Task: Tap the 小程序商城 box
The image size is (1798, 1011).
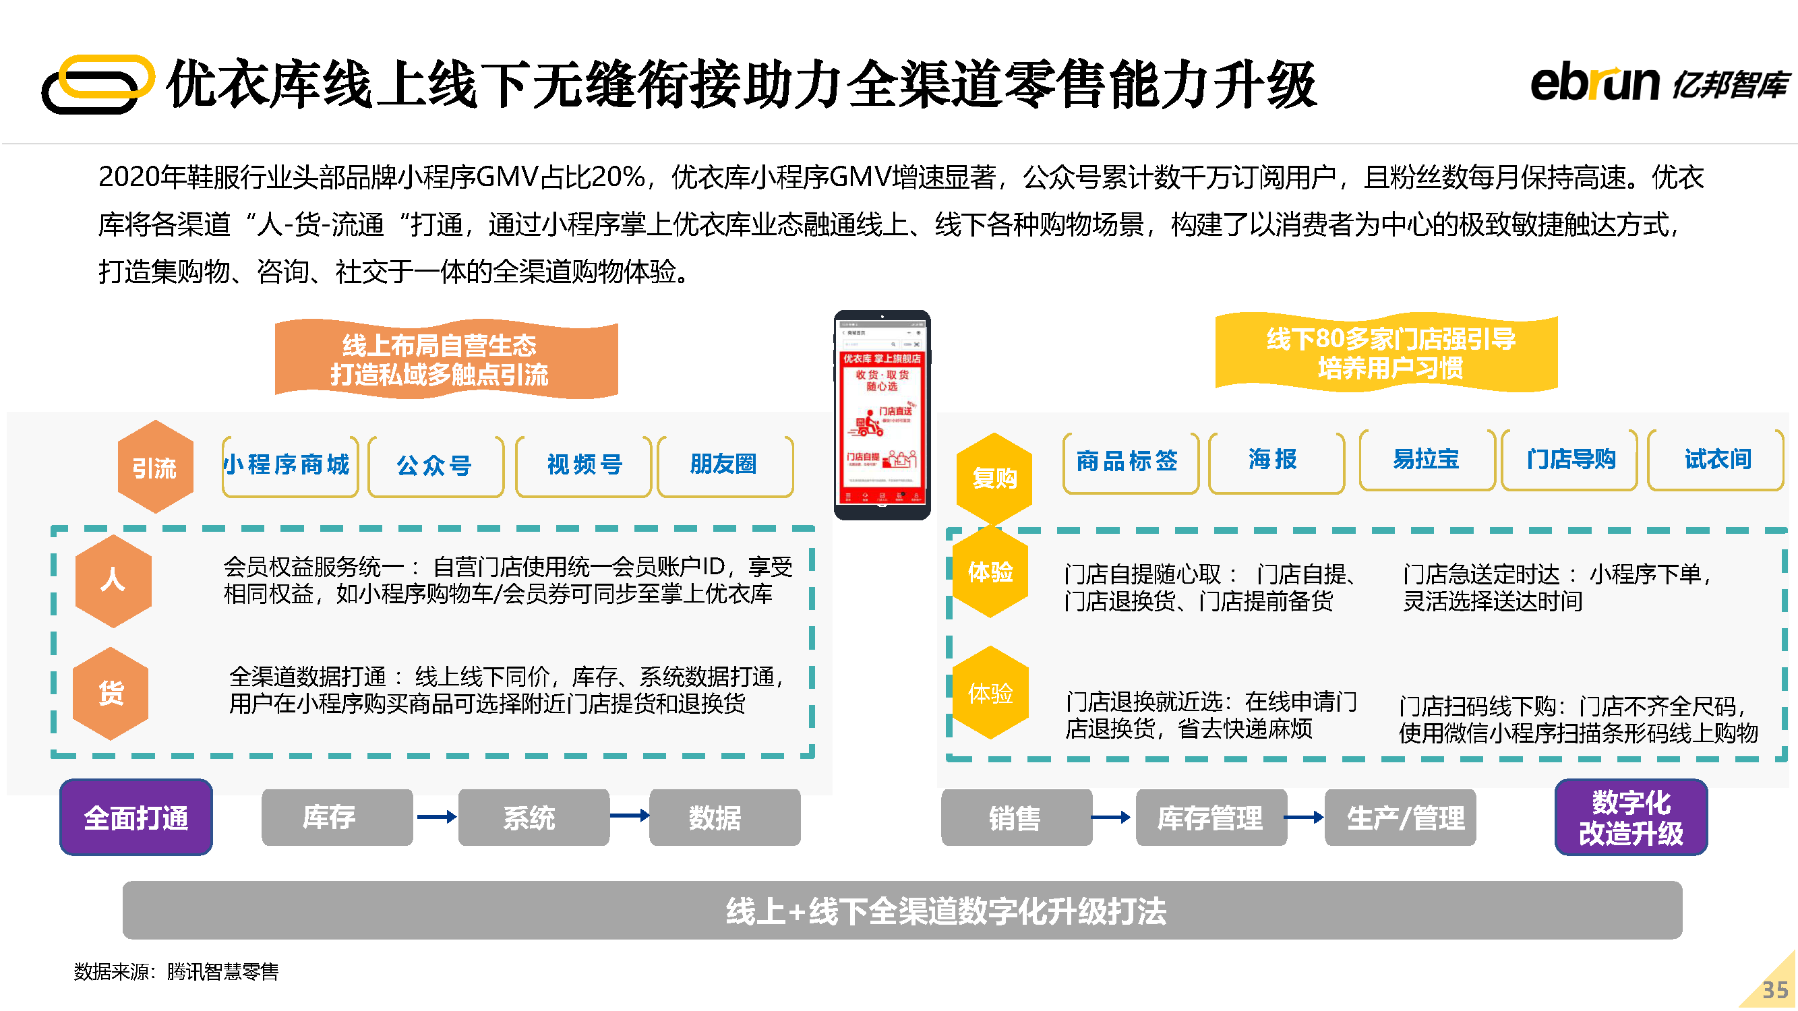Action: coord(290,465)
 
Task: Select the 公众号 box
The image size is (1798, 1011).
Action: coord(436,465)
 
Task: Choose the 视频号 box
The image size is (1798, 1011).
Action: coord(584,465)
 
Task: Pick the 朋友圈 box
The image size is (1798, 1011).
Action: coord(725,465)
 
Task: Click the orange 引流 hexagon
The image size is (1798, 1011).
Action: coord(155,468)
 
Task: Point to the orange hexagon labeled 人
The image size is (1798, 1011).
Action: coord(113,580)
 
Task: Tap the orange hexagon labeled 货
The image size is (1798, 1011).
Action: coord(111,693)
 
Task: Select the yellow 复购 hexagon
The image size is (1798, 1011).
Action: coord(994,478)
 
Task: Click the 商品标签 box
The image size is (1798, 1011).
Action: coord(1129,461)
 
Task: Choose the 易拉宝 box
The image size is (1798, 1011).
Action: coord(1426,460)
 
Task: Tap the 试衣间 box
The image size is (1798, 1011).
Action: coord(1716,460)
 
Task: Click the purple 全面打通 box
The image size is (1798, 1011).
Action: coord(136,818)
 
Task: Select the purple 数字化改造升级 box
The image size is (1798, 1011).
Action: coord(1631,818)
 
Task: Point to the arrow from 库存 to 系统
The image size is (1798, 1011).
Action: coord(436,817)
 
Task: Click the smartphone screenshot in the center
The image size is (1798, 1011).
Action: coord(882,416)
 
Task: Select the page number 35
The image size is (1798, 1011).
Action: coord(1774,990)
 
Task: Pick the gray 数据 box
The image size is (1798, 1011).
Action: coord(725,818)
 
